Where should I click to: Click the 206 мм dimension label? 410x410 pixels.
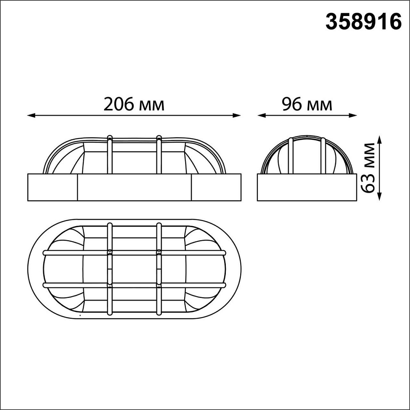pos(134,105)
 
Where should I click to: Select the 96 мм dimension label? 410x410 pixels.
pos(307,105)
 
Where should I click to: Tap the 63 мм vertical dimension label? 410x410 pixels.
pos(368,168)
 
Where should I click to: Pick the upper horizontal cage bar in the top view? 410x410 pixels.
pos(134,253)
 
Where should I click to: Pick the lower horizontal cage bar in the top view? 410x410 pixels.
pos(134,285)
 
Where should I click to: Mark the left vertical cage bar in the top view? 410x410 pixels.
pos(110,268)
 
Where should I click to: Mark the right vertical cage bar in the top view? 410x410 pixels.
pos(159,268)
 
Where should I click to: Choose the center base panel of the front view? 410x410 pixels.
pos(134,187)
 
